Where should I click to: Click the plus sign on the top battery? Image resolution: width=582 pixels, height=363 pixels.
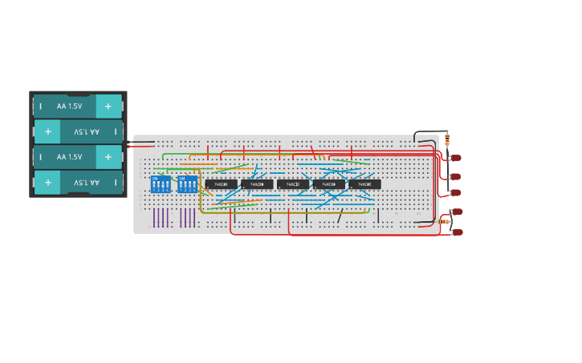108,106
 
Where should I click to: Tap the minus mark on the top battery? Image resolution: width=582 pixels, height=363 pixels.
40,106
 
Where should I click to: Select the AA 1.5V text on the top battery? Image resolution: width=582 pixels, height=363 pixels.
69,106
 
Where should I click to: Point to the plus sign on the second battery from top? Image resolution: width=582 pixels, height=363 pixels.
48,131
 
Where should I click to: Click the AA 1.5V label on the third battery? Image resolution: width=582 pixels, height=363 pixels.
69,157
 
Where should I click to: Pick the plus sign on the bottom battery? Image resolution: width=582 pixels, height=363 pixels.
48,183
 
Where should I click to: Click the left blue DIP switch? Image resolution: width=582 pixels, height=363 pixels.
161,184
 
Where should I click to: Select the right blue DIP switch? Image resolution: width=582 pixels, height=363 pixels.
188,184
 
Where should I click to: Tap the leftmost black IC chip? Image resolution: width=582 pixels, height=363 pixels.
221,184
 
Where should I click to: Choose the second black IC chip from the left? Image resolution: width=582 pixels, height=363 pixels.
257,184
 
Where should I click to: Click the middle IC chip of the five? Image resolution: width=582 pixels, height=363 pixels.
293,184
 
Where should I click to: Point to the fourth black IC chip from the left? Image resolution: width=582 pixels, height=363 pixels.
328,184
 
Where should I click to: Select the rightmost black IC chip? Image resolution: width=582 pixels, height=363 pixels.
364,184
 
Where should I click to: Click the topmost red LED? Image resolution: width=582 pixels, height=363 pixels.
456,158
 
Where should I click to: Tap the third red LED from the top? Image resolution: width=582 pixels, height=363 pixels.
456,193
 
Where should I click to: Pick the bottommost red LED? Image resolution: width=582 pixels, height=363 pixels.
458,232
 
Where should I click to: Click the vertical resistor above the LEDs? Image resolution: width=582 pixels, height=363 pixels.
447,140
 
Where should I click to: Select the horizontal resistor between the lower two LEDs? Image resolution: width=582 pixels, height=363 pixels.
446,221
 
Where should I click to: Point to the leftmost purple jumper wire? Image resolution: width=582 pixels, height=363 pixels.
154,217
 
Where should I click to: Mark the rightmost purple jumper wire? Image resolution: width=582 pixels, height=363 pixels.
194,217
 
